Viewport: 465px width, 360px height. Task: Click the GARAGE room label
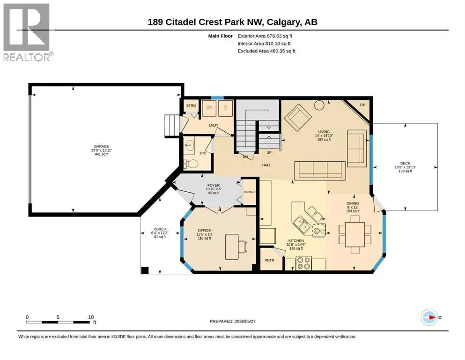click(102, 146)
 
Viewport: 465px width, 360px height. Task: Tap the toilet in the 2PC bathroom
click(191, 164)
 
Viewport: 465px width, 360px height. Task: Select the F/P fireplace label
click(362, 105)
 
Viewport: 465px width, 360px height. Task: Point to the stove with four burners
click(303, 263)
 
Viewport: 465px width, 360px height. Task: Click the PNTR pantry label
click(269, 260)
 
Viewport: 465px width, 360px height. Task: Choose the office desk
click(232, 247)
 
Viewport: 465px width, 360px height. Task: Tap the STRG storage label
click(191, 105)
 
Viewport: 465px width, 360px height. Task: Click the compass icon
click(429, 317)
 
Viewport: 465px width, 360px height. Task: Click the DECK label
click(405, 163)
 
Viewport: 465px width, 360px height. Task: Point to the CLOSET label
click(249, 192)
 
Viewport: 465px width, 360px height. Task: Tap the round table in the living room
click(319, 105)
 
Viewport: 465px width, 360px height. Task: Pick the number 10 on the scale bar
click(91, 317)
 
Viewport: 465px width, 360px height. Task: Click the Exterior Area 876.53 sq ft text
click(265, 36)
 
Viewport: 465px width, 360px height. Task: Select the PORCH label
click(160, 229)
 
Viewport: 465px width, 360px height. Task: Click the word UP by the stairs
click(269, 152)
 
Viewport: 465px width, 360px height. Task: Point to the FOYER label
click(214, 186)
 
